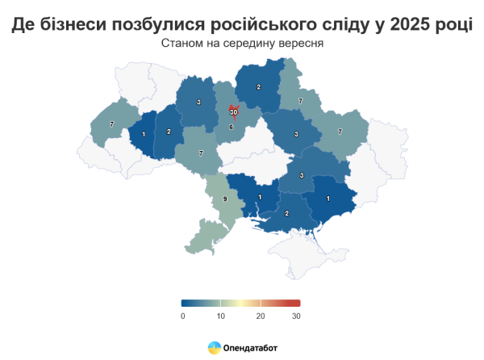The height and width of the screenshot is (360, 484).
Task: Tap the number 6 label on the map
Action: point(231,127)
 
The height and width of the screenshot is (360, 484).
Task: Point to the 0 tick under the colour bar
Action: point(184,316)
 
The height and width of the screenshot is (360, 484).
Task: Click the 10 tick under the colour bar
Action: point(221,316)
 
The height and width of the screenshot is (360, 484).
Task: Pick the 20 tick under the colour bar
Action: point(260,316)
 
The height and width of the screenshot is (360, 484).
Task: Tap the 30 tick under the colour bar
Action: point(297,316)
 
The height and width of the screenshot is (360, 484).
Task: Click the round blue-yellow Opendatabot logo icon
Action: point(215,347)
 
